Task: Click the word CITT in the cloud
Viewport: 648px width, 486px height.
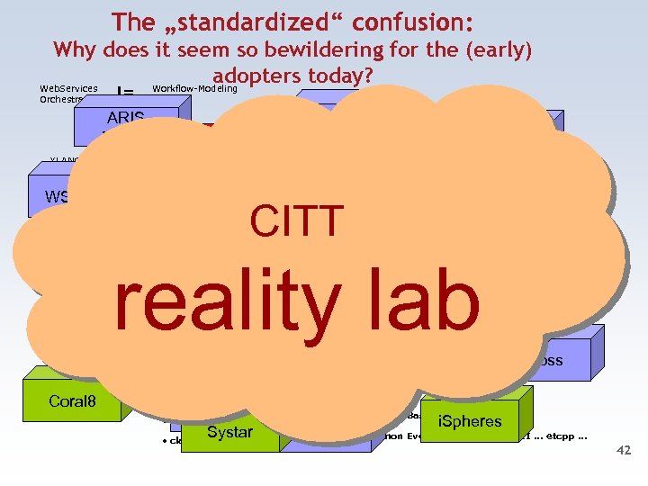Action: [x=297, y=221]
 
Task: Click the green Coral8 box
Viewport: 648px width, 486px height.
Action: [x=72, y=401]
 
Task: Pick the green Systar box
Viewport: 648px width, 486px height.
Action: [x=229, y=433]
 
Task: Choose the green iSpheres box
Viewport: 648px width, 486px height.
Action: [x=470, y=421]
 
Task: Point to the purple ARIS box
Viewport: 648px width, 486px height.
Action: [x=125, y=118]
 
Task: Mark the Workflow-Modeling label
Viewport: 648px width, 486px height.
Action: [x=194, y=88]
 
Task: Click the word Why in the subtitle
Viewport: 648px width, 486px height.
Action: [x=74, y=49]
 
